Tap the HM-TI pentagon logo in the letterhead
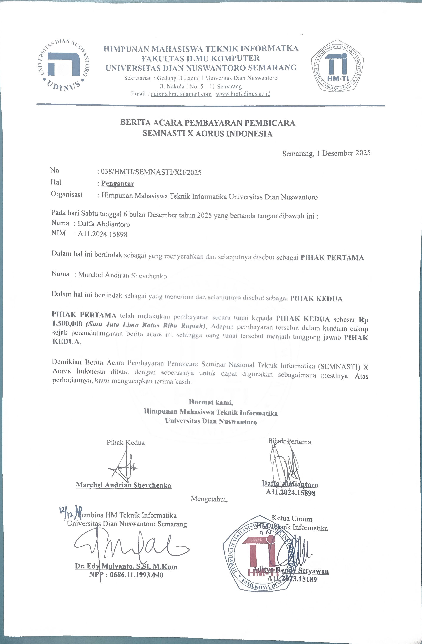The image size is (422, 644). (337, 66)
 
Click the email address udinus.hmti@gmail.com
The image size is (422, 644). (181, 94)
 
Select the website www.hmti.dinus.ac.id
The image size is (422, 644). (243, 94)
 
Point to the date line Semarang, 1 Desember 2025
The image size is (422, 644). (326, 153)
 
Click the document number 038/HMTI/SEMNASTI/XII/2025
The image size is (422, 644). (151, 172)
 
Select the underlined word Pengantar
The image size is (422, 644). (118, 184)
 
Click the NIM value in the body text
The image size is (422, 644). (102, 234)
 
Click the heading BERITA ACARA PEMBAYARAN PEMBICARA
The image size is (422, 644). (207, 123)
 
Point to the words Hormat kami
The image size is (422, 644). (211, 402)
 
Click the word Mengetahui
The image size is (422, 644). (209, 499)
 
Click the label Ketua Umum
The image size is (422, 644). (292, 518)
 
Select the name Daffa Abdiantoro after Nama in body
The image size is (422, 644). (104, 224)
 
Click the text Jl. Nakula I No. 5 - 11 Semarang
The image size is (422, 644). (200, 87)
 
